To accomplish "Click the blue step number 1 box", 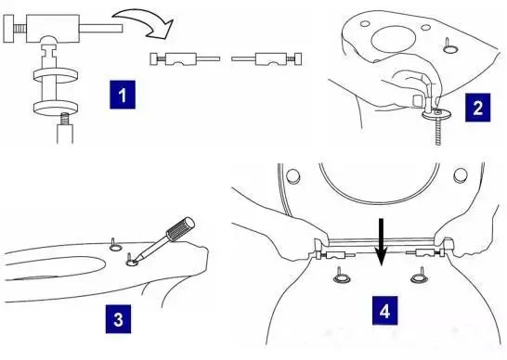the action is (x=123, y=95).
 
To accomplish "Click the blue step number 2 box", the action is (x=477, y=108).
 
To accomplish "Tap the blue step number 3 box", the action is (x=118, y=319).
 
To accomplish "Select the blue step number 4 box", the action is (x=384, y=311).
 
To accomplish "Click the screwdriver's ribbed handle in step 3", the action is (x=180, y=229).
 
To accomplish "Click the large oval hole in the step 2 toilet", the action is (x=394, y=40).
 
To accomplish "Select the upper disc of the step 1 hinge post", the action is (x=56, y=75).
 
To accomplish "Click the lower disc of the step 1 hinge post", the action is (x=56, y=108).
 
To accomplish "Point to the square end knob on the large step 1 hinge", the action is (x=8, y=29).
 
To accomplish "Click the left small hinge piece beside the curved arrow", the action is (x=184, y=59).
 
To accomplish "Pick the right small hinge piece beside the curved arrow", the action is (x=266, y=59).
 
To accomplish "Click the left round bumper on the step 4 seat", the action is (x=293, y=176).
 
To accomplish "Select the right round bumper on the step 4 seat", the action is (x=461, y=175).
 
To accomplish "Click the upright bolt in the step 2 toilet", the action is (x=449, y=45).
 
